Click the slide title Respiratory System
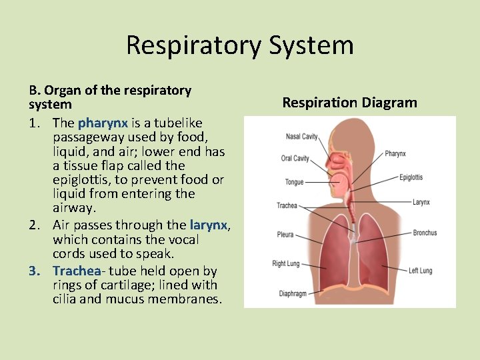tap(239, 45)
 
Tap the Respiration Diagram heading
tap(349, 103)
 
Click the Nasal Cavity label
tap(301, 137)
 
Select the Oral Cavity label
tap(295, 159)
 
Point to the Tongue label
tap(294, 181)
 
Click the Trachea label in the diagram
tap(287, 205)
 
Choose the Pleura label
tap(285, 235)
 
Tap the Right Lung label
tap(286, 264)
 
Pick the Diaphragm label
tap(293, 293)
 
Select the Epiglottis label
tap(411, 177)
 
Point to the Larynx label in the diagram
tap(421, 202)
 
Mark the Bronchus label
tap(425, 233)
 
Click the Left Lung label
tap(421, 271)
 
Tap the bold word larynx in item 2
tap(209, 225)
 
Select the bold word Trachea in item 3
tap(77, 271)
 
